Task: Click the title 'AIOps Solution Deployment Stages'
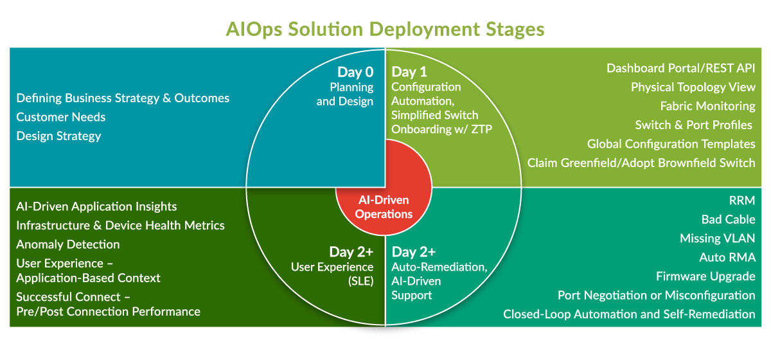pyautogui.click(x=385, y=30)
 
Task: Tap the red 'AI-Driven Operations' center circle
pyautogui.click(x=384, y=207)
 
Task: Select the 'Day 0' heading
pyautogui.click(x=355, y=73)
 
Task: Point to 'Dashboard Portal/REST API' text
pyautogui.click(x=680, y=68)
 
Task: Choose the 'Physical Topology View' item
pyautogui.click(x=693, y=87)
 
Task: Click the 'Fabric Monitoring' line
pyautogui.click(x=707, y=106)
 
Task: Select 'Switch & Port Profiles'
pyautogui.click(x=695, y=125)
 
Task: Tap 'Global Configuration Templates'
pyautogui.click(x=671, y=144)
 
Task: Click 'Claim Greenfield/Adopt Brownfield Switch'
pyautogui.click(x=641, y=163)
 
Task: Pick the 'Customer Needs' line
pyautogui.click(x=61, y=117)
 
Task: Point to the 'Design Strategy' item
pyautogui.click(x=58, y=136)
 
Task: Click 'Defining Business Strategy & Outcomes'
pyautogui.click(x=123, y=98)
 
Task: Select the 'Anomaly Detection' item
pyautogui.click(x=68, y=244)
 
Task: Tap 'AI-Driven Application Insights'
pyautogui.click(x=96, y=206)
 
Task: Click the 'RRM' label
pyautogui.click(x=743, y=201)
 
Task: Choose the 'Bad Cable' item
pyautogui.click(x=728, y=220)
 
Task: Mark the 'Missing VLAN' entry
pyautogui.click(x=717, y=239)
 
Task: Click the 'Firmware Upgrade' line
pyautogui.click(x=705, y=276)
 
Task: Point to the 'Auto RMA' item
pyautogui.click(x=727, y=258)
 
